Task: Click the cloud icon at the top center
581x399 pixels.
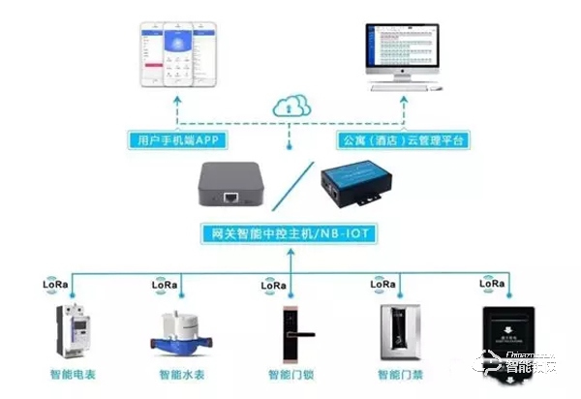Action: (x=290, y=104)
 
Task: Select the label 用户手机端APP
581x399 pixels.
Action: (x=177, y=141)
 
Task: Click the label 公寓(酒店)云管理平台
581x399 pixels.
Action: (x=404, y=141)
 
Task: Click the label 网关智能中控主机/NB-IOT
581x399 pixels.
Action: (x=290, y=233)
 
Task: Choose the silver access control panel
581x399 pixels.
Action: (x=396, y=329)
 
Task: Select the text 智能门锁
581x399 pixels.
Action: (x=290, y=374)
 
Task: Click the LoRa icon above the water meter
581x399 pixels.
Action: (x=165, y=286)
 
